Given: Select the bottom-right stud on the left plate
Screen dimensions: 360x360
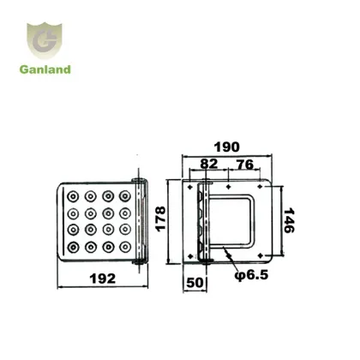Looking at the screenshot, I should pos(125,247).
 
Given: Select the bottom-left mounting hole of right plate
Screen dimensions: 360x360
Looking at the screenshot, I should pos(189,255).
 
